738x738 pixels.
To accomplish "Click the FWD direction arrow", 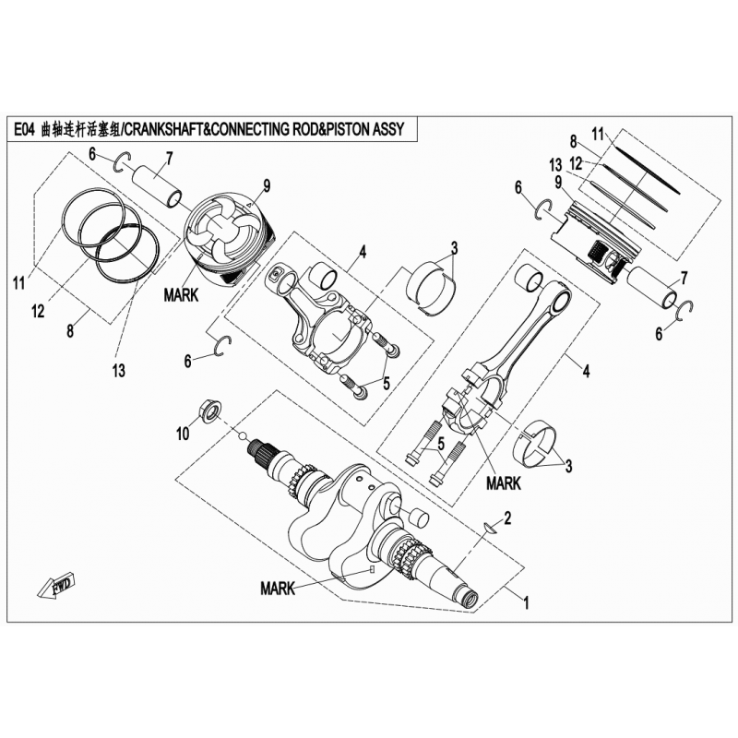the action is (x=57, y=585).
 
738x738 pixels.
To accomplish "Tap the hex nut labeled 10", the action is (x=208, y=411).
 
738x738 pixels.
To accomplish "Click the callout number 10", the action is (x=183, y=433).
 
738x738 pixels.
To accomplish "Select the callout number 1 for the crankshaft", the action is (x=526, y=603).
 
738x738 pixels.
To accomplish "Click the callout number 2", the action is (x=506, y=518).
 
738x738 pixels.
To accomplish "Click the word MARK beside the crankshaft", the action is (x=278, y=588).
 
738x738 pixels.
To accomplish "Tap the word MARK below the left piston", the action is (x=181, y=295).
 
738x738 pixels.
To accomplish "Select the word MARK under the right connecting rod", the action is (x=504, y=483).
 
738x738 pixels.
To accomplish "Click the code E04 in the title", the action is (x=24, y=129).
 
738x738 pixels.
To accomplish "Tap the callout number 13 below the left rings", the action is (x=119, y=371).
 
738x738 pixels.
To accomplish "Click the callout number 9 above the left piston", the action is (x=267, y=186).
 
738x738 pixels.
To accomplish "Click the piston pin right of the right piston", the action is (x=653, y=288).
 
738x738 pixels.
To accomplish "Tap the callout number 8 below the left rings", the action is (x=70, y=332).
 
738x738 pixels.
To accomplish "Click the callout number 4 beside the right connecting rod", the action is (x=586, y=372).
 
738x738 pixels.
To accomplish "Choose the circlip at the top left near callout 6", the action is (x=123, y=161).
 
